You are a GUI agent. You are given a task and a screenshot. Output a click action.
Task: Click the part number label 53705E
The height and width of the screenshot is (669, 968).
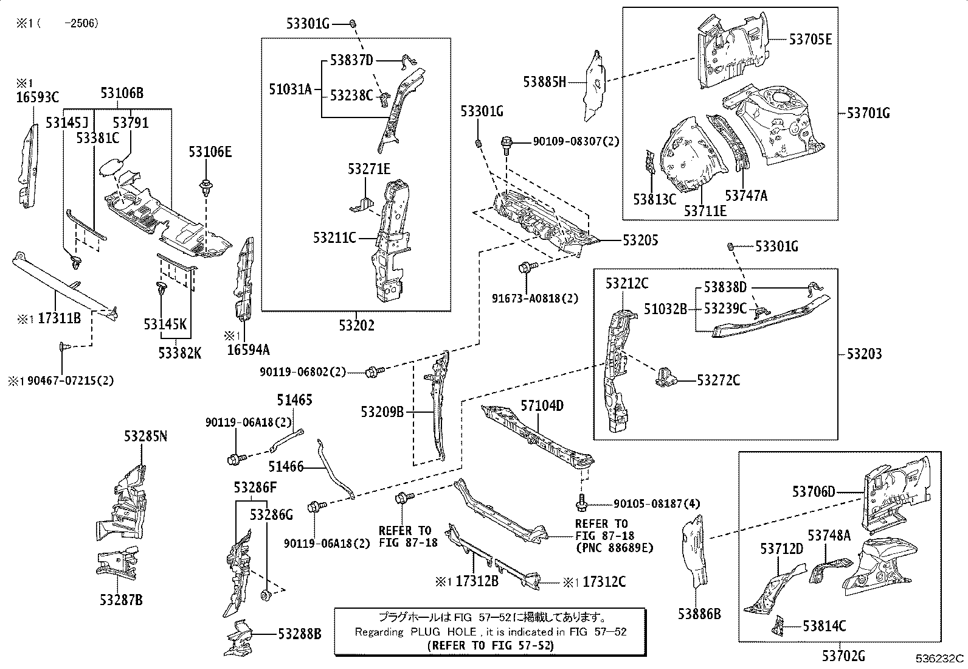tap(811, 40)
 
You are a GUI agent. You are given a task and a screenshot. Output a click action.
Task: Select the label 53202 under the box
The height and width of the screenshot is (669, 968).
tap(356, 325)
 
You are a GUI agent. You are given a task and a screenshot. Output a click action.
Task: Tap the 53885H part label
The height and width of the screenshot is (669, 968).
tap(545, 82)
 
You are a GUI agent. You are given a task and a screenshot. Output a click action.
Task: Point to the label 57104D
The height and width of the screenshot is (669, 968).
tap(542, 405)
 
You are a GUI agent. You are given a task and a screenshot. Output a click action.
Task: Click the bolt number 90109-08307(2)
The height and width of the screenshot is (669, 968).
tap(576, 141)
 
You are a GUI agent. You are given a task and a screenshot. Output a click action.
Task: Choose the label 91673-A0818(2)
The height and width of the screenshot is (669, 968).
tap(535, 298)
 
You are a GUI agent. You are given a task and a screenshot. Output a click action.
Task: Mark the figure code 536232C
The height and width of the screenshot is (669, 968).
tap(939, 658)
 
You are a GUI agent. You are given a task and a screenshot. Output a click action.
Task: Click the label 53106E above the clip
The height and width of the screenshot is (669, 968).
tap(210, 152)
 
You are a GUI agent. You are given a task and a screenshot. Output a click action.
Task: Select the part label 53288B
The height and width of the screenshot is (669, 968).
tap(300, 634)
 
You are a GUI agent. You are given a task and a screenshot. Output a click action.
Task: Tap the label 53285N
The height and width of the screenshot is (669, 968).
tap(146, 436)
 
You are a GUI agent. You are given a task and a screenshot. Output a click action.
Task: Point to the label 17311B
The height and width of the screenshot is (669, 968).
tap(59, 318)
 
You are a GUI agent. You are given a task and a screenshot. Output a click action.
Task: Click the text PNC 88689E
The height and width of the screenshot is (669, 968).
tap(615, 548)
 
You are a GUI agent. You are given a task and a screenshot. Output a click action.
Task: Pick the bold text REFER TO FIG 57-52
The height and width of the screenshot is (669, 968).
tap(491, 646)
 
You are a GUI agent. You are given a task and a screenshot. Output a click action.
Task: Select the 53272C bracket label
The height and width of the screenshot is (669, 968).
tap(718, 380)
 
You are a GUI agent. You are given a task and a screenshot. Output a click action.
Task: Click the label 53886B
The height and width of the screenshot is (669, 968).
tap(699, 614)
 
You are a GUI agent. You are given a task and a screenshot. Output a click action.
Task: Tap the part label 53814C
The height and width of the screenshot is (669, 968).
tap(825, 626)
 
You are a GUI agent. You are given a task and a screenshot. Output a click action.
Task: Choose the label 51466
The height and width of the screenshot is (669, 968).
tap(286, 466)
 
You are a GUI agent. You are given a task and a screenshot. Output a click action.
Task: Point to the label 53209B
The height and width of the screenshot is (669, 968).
tap(382, 412)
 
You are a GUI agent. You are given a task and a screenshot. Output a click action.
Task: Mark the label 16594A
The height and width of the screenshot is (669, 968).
tap(249, 349)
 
